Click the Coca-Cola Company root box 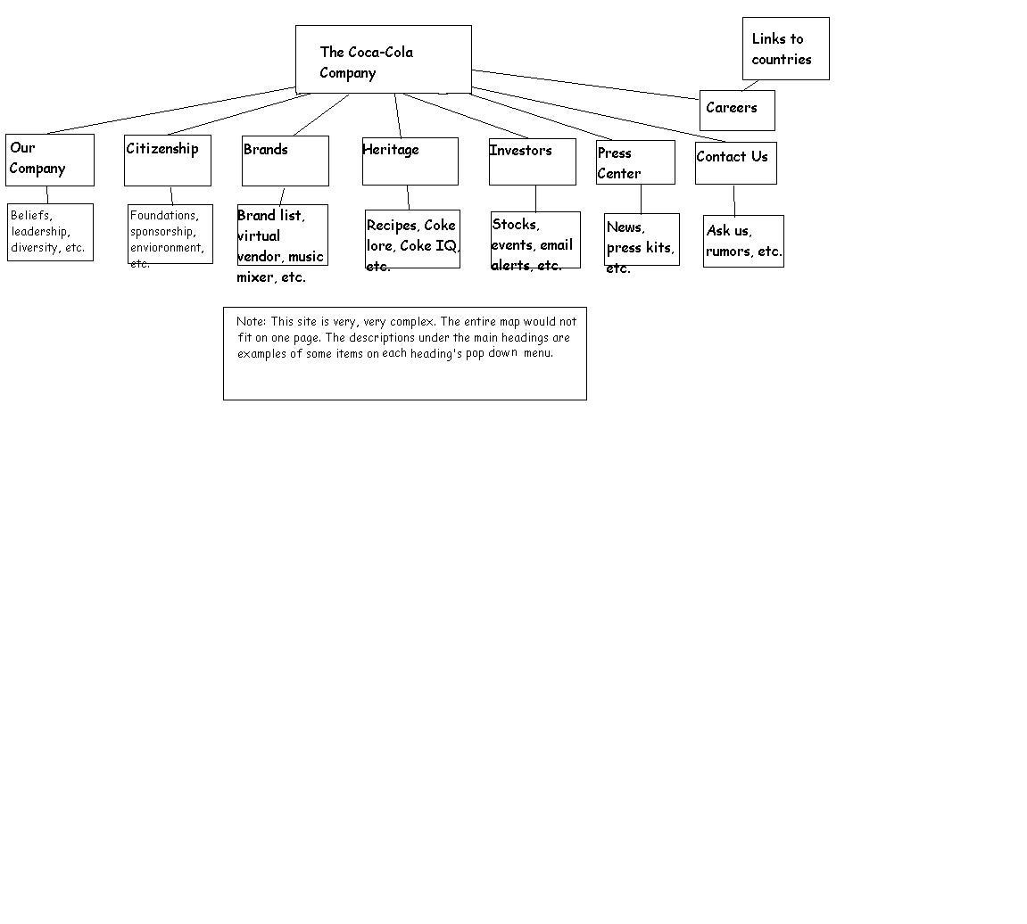(x=383, y=60)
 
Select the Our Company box (x=50, y=161)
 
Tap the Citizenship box (x=168, y=161)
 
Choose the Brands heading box (x=286, y=161)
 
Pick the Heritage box (x=410, y=161)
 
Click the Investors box (x=533, y=161)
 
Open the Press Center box (x=635, y=162)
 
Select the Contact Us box (x=736, y=163)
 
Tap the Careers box (x=738, y=111)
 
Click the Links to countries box (x=786, y=49)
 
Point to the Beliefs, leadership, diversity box (x=51, y=233)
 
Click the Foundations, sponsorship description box (x=170, y=235)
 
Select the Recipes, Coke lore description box (x=412, y=239)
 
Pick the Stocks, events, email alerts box (x=535, y=240)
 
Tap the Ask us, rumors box (x=743, y=241)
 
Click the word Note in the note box (x=251, y=322)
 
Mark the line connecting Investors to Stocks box (x=535, y=198)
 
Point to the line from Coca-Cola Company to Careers (x=585, y=85)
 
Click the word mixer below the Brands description (x=255, y=277)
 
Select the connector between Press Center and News (x=642, y=199)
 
